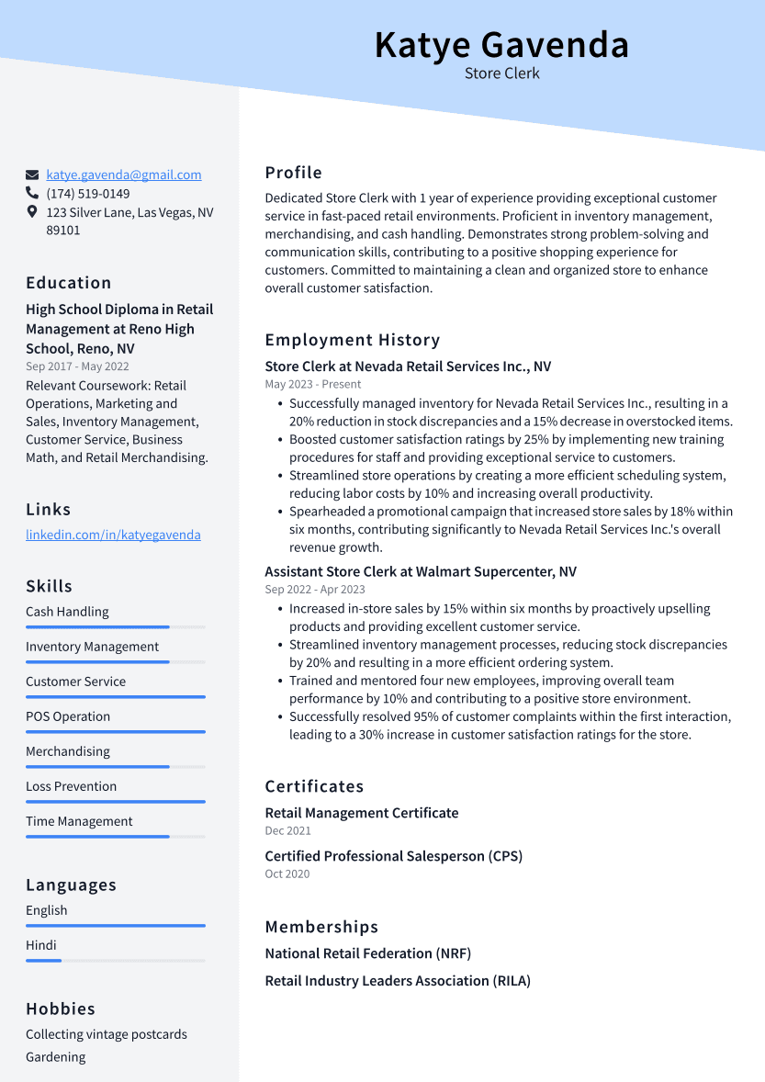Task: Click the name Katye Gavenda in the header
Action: click(x=501, y=45)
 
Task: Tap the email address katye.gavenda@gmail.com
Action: click(x=124, y=175)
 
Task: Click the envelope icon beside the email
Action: click(x=32, y=175)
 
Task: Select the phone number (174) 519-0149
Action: click(x=88, y=194)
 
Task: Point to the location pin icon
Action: click(x=32, y=212)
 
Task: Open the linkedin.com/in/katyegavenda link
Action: click(x=113, y=535)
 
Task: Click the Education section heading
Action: click(x=69, y=283)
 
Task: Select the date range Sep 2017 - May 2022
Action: click(x=77, y=366)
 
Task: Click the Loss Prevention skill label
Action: click(x=72, y=786)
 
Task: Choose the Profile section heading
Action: click(x=294, y=173)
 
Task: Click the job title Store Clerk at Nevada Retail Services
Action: click(x=408, y=366)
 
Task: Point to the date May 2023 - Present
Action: click(x=313, y=384)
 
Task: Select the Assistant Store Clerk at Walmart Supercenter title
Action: click(x=421, y=571)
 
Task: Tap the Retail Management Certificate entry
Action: click(x=362, y=813)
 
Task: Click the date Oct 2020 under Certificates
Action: click(x=287, y=873)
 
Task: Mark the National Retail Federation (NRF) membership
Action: click(x=368, y=953)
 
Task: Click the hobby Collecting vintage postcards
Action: click(x=107, y=1034)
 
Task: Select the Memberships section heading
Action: click(x=321, y=927)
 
